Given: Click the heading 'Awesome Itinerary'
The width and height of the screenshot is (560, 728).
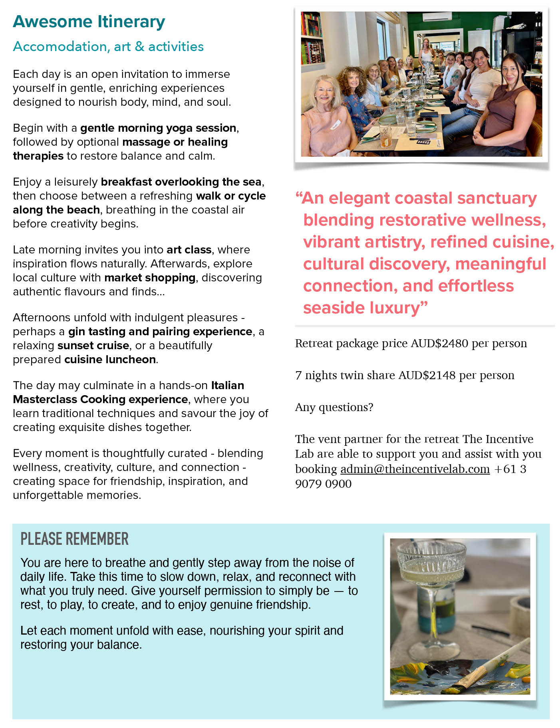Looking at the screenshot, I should click(x=89, y=22).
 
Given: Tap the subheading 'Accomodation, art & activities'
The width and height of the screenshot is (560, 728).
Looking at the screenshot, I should click(x=108, y=47).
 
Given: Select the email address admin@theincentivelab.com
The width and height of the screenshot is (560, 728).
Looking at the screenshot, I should click(x=415, y=469).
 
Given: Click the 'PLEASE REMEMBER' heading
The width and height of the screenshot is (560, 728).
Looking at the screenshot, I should click(x=75, y=539).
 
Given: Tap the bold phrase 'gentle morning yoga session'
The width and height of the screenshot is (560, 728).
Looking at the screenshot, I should click(x=158, y=128).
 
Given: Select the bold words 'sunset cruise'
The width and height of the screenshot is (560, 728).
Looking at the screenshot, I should click(x=93, y=346).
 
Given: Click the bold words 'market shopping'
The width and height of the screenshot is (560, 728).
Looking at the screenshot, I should click(x=150, y=278).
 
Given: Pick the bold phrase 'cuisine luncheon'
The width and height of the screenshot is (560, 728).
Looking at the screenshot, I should click(x=110, y=360).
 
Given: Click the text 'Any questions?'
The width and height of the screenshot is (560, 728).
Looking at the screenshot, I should click(x=334, y=408).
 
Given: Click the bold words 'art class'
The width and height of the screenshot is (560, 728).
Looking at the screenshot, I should click(x=189, y=250).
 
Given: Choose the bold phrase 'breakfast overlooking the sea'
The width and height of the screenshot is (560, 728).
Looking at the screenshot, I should click(x=181, y=182).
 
